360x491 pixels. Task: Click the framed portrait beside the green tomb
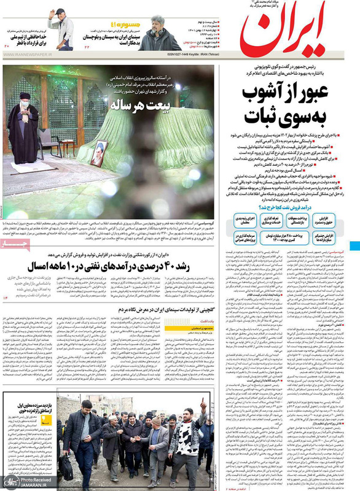pyautogui.click(x=98, y=153)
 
